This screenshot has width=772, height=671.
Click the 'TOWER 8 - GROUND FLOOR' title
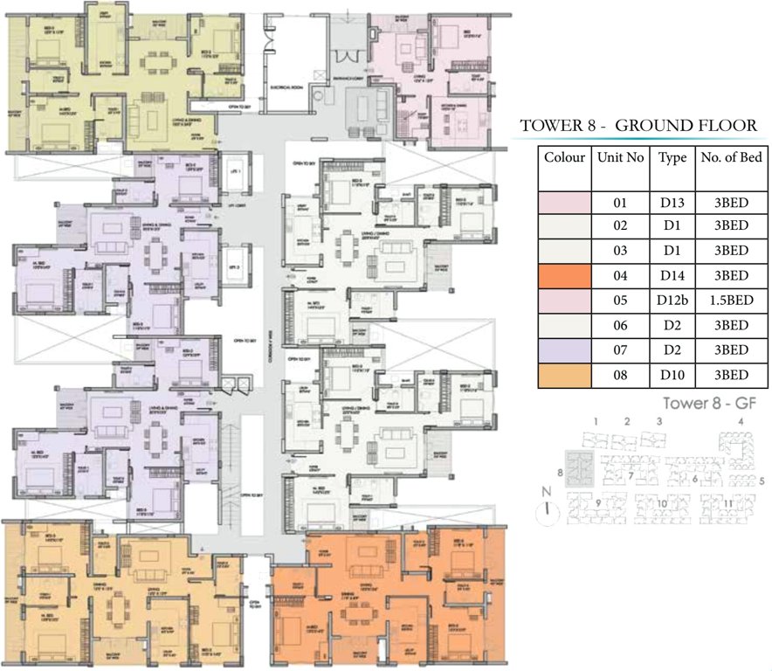tap(638, 126)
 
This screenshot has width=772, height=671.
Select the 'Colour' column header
tap(564, 158)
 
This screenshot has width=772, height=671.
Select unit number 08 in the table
tap(621, 375)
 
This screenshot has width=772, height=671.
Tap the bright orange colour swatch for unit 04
tap(564, 276)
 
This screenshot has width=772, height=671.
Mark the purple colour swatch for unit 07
tap(564, 350)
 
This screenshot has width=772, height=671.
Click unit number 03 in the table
tap(621, 252)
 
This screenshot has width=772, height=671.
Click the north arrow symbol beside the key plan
tap(548, 508)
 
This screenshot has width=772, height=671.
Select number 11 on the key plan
tap(727, 503)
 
